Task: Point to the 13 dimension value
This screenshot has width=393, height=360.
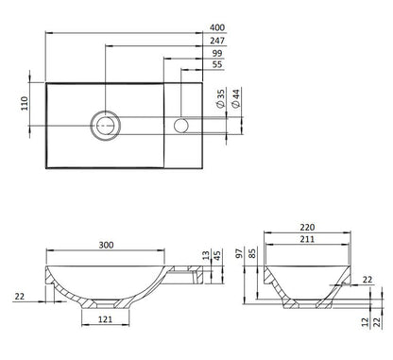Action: click(x=207, y=255)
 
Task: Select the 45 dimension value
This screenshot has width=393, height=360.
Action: click(x=219, y=255)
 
